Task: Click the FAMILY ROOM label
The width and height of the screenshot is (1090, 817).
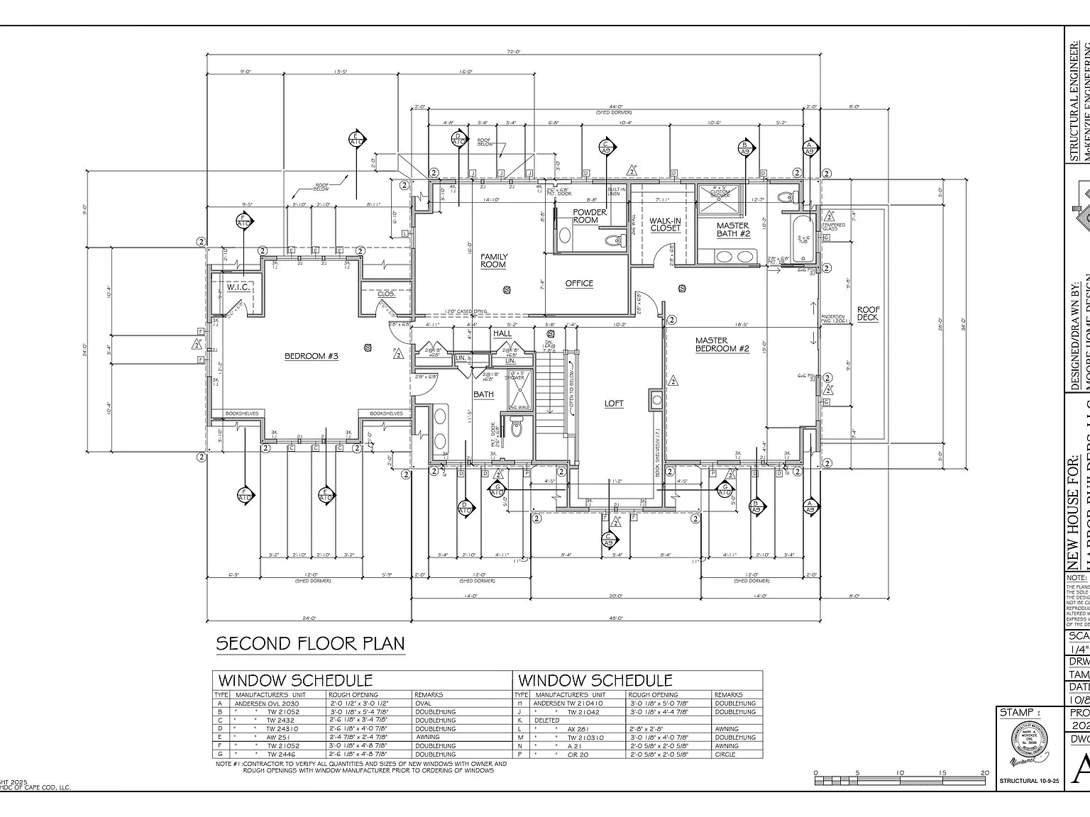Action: [x=493, y=261]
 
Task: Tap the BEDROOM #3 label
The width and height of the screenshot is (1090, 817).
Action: [x=311, y=356]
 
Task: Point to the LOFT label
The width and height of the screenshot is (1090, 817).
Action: [x=614, y=404]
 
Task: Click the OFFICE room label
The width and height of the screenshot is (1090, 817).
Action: [x=579, y=283]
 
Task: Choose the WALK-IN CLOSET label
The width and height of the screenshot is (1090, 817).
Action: [x=665, y=225]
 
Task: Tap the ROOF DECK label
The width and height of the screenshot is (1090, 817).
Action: [x=868, y=313]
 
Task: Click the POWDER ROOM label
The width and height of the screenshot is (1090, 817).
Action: [x=589, y=216]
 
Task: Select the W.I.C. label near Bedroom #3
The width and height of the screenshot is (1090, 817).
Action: [x=237, y=288]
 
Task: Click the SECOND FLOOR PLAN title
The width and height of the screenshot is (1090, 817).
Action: [x=310, y=644]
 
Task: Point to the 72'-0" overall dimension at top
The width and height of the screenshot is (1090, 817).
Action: [x=514, y=52]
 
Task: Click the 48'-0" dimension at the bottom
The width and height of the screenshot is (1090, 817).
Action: [x=616, y=618]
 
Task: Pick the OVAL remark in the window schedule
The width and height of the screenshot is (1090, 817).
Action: [x=423, y=704]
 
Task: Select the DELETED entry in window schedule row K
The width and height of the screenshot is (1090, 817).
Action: [x=547, y=721]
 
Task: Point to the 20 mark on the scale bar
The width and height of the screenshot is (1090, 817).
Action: [x=984, y=773]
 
